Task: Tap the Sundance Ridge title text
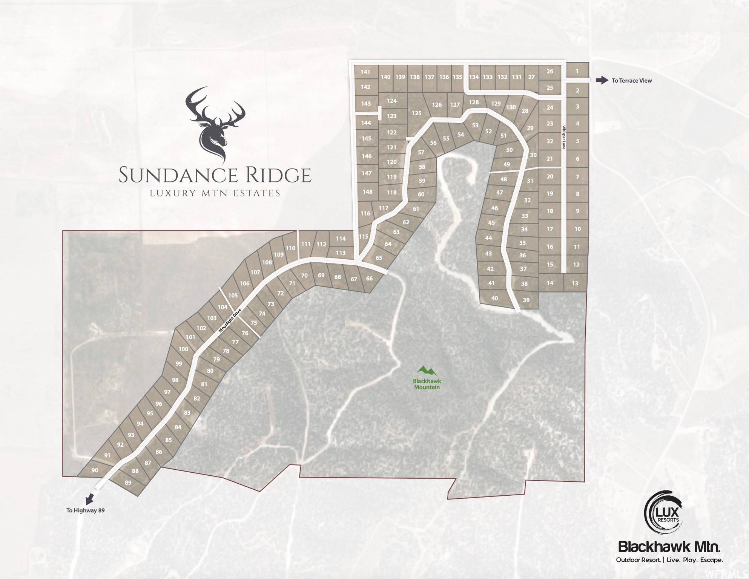click(x=215, y=175)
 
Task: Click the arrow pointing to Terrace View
click(x=602, y=80)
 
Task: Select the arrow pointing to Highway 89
click(x=89, y=499)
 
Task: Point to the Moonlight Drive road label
click(x=230, y=320)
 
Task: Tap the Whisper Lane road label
click(x=564, y=138)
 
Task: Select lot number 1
click(x=577, y=71)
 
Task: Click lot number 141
click(x=365, y=72)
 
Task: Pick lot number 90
click(x=95, y=470)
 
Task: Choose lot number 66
click(x=369, y=279)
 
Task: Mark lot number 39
click(x=526, y=300)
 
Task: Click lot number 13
click(x=575, y=283)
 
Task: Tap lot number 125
click(x=416, y=113)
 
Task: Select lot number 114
click(x=341, y=239)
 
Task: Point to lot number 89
click(x=128, y=482)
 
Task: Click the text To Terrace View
click(x=632, y=81)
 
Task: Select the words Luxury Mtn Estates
click(x=215, y=193)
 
